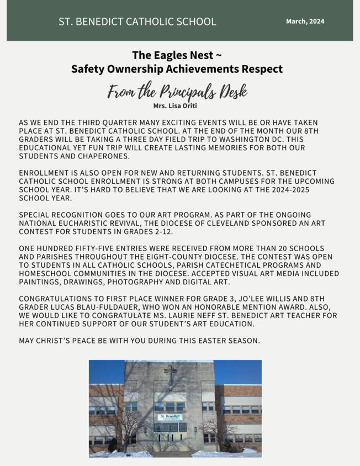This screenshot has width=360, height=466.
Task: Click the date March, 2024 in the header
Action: pos(305,22)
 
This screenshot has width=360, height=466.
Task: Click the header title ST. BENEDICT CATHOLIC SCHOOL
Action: pos(137,22)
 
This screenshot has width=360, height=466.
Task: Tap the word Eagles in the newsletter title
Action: pos(169,55)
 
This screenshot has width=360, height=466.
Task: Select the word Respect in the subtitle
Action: pos(261,69)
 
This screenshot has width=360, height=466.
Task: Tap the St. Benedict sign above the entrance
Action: pos(170,417)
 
